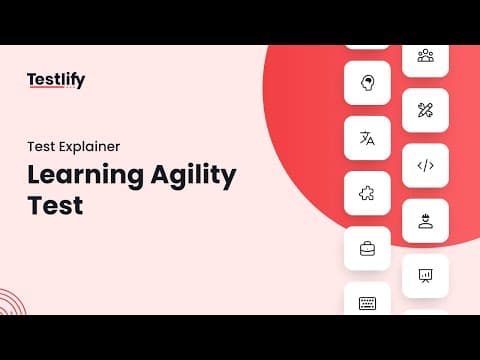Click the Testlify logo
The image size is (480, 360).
(56, 80)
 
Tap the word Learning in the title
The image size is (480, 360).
(85, 175)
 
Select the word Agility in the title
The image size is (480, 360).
(194, 175)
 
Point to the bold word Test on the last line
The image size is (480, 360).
(55, 205)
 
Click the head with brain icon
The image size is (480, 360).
(367, 83)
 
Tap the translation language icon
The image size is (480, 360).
(367, 138)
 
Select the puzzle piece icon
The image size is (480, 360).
(367, 193)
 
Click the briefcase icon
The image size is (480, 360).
(367, 249)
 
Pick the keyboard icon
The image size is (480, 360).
(367, 303)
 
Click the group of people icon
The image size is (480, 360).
(426, 56)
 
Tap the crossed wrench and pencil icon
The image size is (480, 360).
(425, 110)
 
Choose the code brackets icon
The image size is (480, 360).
(426, 165)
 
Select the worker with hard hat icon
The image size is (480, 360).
(425, 221)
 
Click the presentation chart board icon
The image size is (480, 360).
(425, 276)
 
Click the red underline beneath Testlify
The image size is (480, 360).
(46, 87)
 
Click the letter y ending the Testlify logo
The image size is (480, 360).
(80, 82)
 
